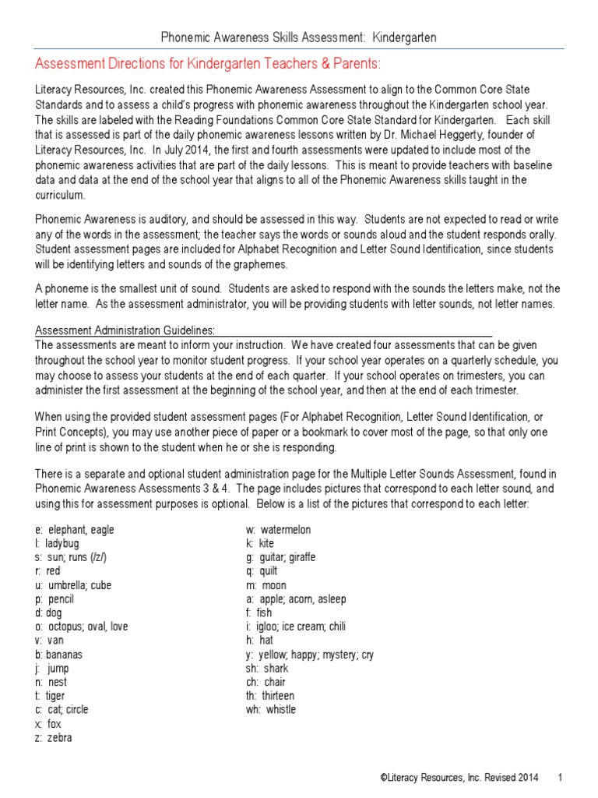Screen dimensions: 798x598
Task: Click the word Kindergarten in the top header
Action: pyautogui.click(x=404, y=37)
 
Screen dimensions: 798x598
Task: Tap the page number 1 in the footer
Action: pyautogui.click(x=561, y=778)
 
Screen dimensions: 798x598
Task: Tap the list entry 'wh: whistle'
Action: pyautogui.click(x=271, y=710)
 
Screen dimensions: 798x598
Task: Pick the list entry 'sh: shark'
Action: pyautogui.click(x=267, y=669)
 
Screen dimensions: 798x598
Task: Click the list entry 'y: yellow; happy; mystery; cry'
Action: pyautogui.click(x=309, y=655)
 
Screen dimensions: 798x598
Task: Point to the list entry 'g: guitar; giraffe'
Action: pyautogui.click(x=280, y=557)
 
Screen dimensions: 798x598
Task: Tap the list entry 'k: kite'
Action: pyautogui.click(x=260, y=544)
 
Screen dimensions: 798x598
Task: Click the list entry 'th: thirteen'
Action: pyautogui.click(x=270, y=696)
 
